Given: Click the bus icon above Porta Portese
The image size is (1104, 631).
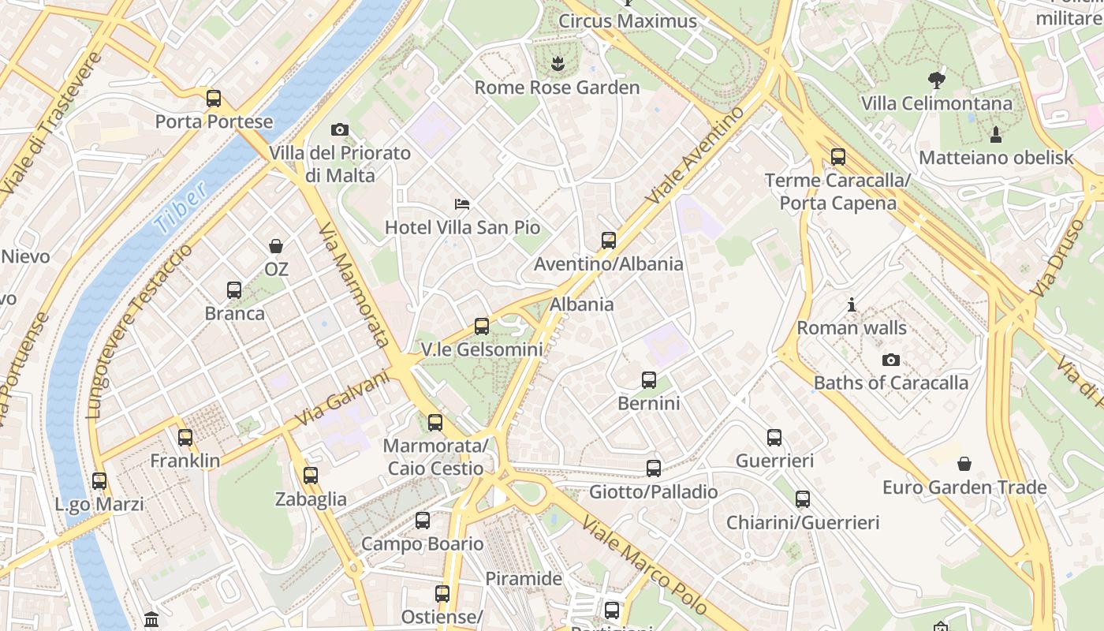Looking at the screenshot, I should tap(214, 99).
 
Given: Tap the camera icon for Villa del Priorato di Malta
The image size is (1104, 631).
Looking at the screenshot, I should tap(340, 129).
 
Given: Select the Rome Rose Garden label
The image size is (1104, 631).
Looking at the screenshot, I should tap(557, 88).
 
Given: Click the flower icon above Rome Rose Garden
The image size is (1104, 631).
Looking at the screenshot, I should tap(558, 64).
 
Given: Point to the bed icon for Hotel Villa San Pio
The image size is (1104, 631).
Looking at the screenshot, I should tap(462, 205).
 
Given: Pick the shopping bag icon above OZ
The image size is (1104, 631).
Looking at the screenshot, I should tap(276, 246).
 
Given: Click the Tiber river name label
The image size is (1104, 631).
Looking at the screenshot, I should tap(181, 207).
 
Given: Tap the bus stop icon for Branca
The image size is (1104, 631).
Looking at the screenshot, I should tap(234, 290).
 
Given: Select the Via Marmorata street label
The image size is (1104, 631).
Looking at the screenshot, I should tap(354, 284).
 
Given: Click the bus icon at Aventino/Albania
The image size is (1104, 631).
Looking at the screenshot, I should tap(608, 241).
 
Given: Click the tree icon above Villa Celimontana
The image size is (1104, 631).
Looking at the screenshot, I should tap(937, 80).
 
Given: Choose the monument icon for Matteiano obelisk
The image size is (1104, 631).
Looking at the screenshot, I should tap(996, 134).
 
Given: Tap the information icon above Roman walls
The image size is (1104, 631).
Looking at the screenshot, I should tap(852, 304).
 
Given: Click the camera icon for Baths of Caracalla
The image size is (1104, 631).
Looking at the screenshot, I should tap(891, 360).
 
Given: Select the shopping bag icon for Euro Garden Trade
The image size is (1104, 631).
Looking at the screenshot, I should tap(964, 464).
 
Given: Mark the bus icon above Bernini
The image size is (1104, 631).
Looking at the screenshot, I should tap(648, 380).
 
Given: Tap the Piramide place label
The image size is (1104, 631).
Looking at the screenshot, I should tap(524, 578).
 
